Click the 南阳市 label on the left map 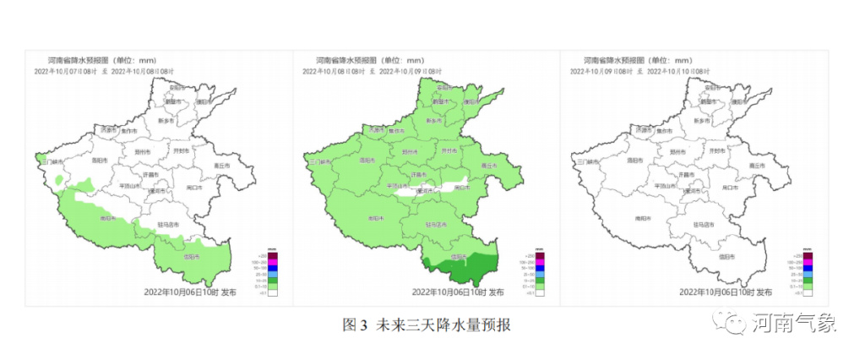(x=107, y=217)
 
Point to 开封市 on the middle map (x=448, y=150)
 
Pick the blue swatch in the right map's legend (x=808, y=269)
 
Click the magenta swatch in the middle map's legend (x=539, y=262)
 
